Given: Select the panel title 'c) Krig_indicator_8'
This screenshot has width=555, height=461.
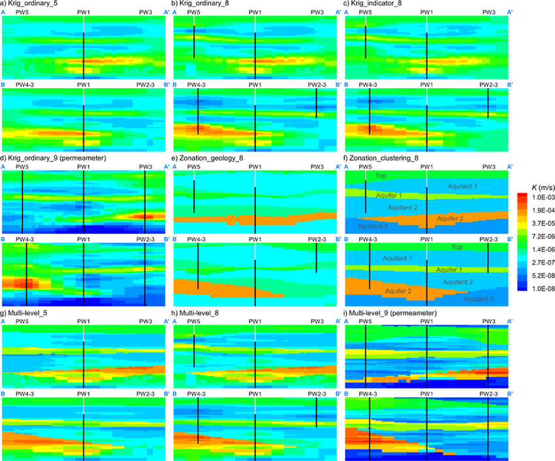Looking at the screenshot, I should pos(373,4).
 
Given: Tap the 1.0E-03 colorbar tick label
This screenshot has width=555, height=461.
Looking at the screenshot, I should pos(537,197).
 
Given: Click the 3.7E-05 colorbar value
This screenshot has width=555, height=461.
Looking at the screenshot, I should pos(537,222).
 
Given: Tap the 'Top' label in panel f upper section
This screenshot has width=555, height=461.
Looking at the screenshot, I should pos(381,176).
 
